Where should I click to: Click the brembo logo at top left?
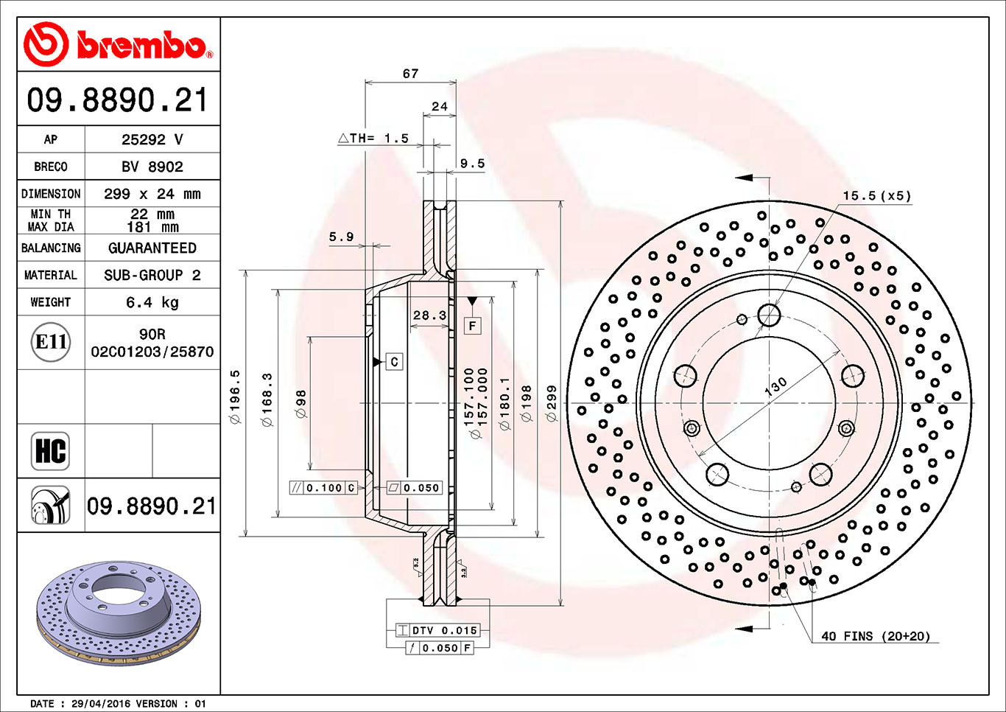point(118,44)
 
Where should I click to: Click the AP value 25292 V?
point(152,139)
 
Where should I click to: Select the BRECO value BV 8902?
point(152,167)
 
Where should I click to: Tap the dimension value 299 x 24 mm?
point(152,194)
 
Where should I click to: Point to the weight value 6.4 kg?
point(152,302)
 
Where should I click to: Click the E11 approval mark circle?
point(51,342)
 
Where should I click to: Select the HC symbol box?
point(51,450)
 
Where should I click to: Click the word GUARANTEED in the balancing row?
point(152,248)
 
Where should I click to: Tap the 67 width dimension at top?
point(410,74)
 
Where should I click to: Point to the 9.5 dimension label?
point(472,164)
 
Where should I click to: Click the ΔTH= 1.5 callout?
point(373,139)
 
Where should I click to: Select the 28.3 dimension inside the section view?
point(429,315)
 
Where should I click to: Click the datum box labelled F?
point(472,325)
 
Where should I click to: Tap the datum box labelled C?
point(394,362)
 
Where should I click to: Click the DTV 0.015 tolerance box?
point(437,630)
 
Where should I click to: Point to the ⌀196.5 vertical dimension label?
point(236,397)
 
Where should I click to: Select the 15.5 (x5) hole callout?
point(876,196)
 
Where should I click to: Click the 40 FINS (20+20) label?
point(876,636)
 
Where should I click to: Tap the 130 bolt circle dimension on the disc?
point(775,386)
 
